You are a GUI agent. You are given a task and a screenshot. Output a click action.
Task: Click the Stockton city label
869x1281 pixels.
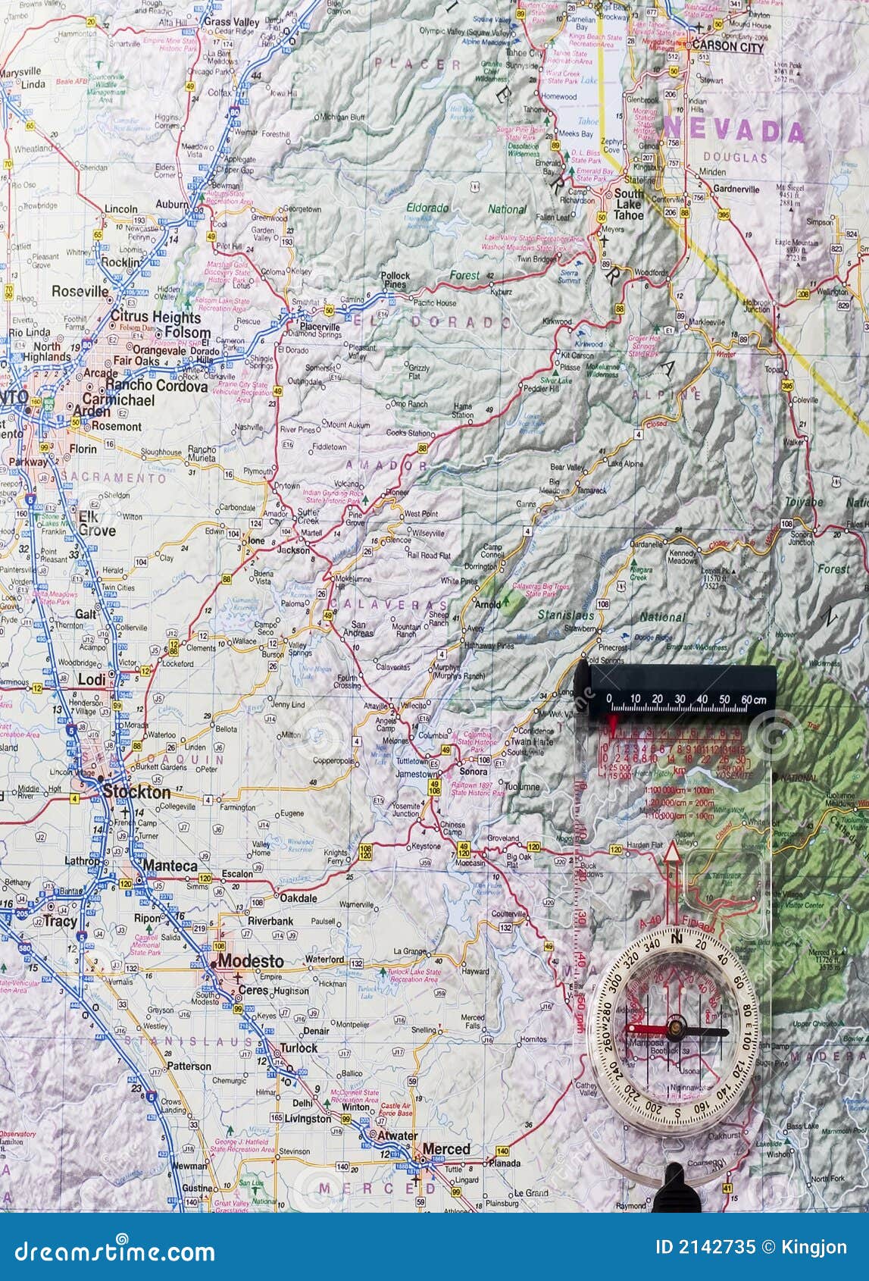point(136,792)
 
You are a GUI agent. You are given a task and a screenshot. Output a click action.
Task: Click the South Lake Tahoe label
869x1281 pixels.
point(628,204)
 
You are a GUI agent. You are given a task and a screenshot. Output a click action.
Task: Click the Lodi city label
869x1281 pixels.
point(92,680)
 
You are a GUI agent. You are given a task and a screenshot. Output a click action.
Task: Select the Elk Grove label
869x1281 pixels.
point(96,524)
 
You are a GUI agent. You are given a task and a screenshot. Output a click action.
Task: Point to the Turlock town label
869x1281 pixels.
point(299,1048)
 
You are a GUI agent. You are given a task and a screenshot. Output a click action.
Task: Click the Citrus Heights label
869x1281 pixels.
point(155,317)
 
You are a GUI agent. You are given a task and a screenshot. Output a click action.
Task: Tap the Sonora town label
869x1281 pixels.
point(474,772)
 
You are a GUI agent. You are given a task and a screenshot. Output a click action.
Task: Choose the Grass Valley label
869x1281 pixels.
point(232,22)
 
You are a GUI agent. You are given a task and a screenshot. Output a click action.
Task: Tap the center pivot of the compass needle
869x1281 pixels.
point(671,1029)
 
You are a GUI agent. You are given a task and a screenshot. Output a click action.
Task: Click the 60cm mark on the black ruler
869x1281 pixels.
point(753,699)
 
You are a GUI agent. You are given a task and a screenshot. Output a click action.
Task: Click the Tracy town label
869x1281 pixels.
point(60,921)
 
